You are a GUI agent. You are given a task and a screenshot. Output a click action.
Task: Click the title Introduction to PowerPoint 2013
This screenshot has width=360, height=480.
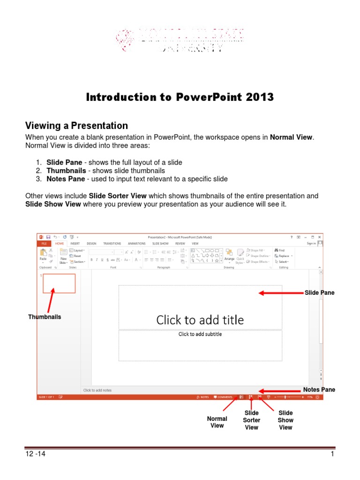point(180,97)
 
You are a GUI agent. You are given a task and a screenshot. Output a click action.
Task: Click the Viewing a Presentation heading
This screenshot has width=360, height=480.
point(76,126)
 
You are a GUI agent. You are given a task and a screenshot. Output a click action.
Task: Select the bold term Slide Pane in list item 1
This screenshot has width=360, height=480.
point(63,162)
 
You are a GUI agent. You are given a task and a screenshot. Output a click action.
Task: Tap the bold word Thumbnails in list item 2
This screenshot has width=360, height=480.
point(66,171)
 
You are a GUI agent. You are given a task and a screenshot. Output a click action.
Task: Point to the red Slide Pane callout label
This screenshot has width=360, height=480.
point(320,292)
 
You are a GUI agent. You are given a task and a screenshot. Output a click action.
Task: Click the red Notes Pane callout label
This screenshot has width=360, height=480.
point(319,390)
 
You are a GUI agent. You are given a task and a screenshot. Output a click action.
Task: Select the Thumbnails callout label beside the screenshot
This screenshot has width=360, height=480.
point(45,317)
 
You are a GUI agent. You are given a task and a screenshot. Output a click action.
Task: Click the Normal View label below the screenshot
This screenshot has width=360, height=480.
point(217,422)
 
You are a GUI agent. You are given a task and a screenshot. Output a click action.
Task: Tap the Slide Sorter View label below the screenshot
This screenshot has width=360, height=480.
point(252,420)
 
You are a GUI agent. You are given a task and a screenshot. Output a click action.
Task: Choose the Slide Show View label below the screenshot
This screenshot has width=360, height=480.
point(285,420)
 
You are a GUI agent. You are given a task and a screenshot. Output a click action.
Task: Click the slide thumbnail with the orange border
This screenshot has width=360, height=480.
point(59,283)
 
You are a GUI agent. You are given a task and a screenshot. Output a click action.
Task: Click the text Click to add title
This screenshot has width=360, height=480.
point(200,320)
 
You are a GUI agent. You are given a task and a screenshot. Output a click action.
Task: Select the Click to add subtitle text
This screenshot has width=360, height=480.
point(200,334)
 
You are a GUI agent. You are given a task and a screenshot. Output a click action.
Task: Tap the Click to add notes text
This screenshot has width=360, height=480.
point(97,390)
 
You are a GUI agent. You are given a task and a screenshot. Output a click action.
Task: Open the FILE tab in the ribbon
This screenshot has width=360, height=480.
point(44,244)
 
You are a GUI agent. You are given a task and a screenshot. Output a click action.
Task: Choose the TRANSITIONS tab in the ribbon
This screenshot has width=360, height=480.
point(112,244)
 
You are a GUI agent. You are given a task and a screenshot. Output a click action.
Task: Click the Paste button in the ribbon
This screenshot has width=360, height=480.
point(43,255)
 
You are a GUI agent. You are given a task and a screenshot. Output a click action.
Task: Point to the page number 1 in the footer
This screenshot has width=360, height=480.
point(332,454)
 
